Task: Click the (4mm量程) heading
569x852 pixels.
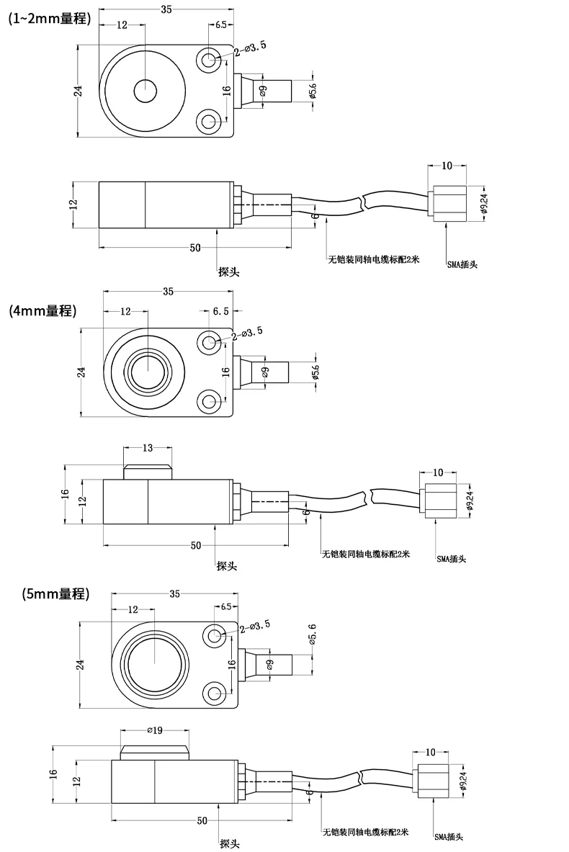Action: click(x=43, y=311)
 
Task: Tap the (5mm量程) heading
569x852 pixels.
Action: click(x=56, y=593)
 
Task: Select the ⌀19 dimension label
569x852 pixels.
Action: click(x=156, y=730)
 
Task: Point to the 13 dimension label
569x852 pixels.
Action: click(x=148, y=448)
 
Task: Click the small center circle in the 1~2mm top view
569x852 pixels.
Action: click(x=145, y=91)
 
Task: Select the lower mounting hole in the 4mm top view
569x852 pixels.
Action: click(x=209, y=402)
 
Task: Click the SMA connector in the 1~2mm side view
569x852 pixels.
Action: click(x=448, y=205)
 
